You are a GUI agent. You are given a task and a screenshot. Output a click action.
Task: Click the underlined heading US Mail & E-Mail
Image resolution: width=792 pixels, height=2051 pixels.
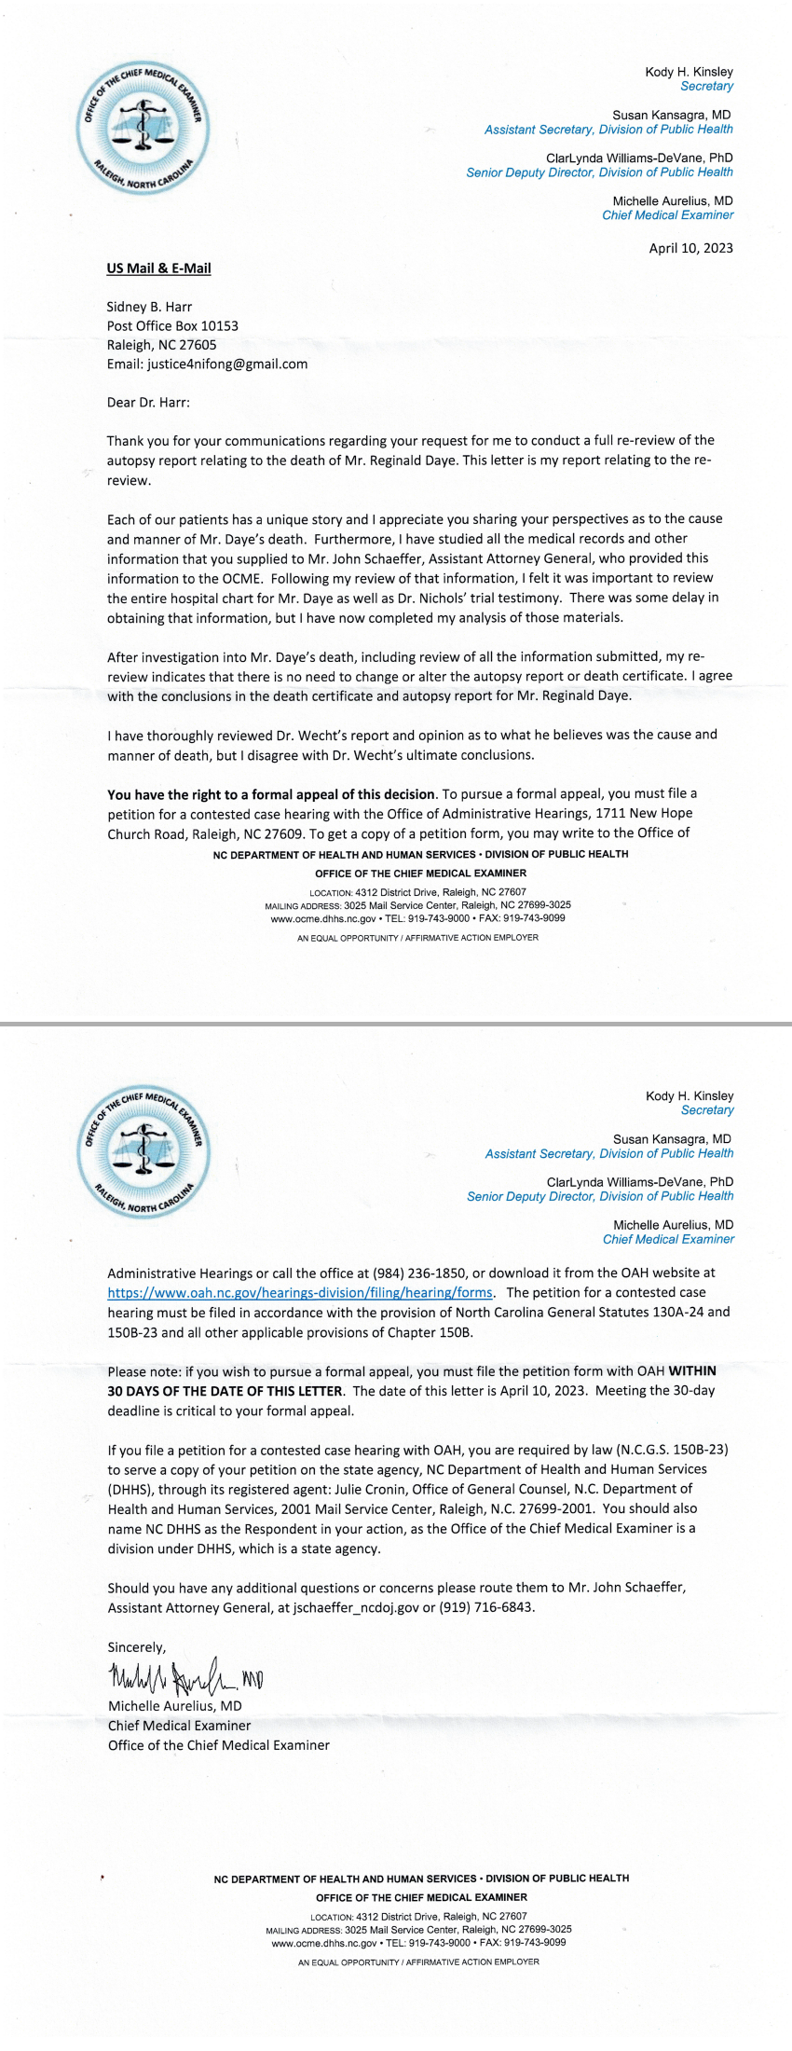158,268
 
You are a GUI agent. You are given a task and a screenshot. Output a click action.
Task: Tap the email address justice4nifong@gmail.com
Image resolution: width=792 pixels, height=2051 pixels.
227,365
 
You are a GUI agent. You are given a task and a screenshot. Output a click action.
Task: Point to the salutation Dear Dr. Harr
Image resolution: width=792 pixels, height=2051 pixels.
148,403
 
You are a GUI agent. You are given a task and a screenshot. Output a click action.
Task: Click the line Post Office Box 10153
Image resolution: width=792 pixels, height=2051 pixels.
172,326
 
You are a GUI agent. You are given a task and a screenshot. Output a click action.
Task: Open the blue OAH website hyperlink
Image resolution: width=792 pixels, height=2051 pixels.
300,1293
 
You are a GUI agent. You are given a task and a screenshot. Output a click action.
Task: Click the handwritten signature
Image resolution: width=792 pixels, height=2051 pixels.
184,1679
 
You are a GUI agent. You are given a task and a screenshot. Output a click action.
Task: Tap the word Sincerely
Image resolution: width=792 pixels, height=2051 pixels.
137,1647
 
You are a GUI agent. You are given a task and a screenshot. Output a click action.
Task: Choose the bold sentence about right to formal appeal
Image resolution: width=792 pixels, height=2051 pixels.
271,794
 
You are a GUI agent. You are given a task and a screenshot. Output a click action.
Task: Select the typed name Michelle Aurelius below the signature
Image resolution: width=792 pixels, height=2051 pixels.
175,1706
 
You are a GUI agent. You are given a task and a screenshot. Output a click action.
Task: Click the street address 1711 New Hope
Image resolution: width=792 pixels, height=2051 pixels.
644,814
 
